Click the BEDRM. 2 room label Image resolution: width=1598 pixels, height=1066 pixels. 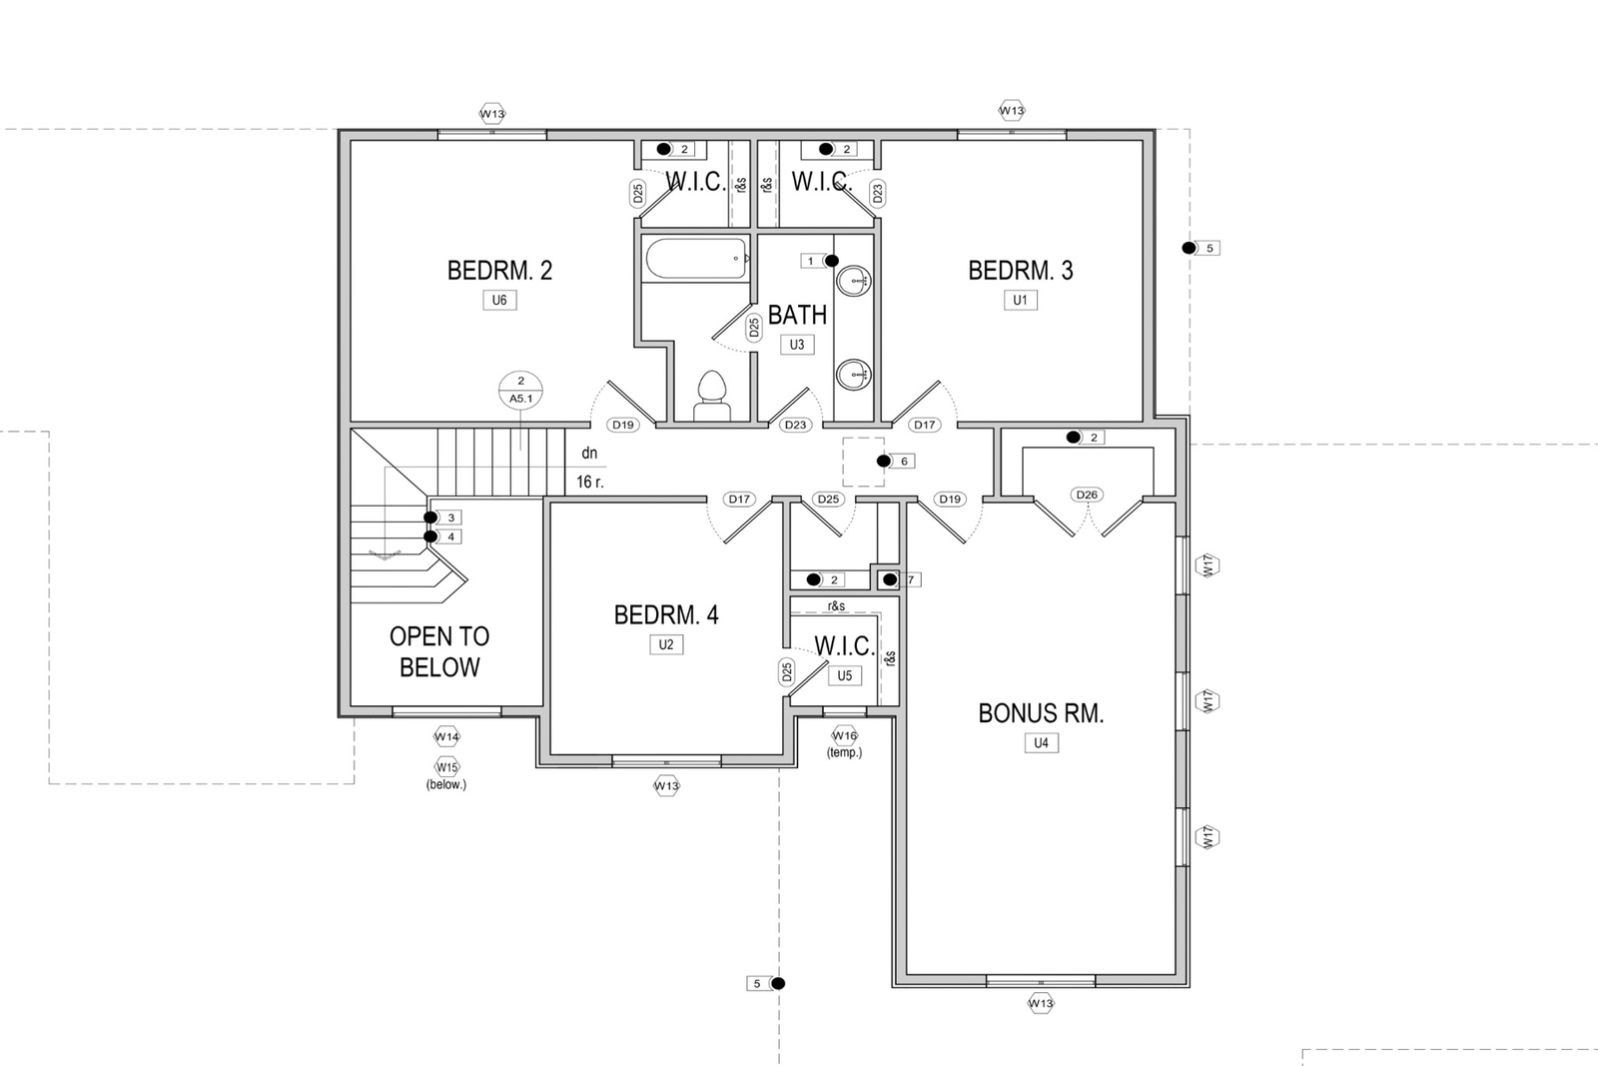coord(499,271)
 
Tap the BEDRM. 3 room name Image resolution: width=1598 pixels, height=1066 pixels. coord(1020,271)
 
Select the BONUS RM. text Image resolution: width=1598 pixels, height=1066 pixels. coord(1041,713)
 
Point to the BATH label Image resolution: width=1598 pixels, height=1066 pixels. coord(797,315)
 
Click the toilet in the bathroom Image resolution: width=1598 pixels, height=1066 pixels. coord(711,396)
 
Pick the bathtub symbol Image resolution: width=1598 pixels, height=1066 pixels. coord(695,259)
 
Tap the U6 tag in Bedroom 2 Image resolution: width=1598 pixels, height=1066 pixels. coord(499,301)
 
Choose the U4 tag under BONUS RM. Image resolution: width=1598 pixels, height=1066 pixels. coord(1041,742)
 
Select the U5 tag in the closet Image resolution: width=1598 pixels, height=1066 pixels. coord(845,675)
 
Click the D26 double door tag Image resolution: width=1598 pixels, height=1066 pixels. coord(1087,495)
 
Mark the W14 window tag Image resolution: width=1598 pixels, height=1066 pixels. coord(446,736)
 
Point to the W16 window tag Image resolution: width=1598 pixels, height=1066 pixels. coord(845,735)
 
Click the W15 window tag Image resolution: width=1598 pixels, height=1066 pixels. coord(446,767)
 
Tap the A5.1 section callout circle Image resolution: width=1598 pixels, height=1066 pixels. coord(520,391)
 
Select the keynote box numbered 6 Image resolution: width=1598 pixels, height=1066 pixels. coord(904,461)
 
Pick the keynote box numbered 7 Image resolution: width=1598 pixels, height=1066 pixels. coord(910,580)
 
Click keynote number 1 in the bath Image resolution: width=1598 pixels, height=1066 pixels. coord(810,261)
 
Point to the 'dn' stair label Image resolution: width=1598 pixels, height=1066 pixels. coord(589,454)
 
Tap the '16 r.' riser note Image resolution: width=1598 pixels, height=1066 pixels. coord(590,483)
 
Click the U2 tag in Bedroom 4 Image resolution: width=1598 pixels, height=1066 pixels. coord(666,645)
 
